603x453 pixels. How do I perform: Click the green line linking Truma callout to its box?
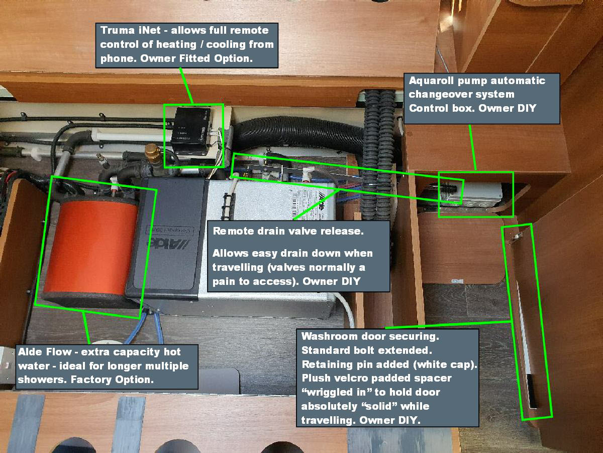pyautogui.click(x=186, y=86)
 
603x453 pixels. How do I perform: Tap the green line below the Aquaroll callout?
pyautogui.click(x=472, y=147)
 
